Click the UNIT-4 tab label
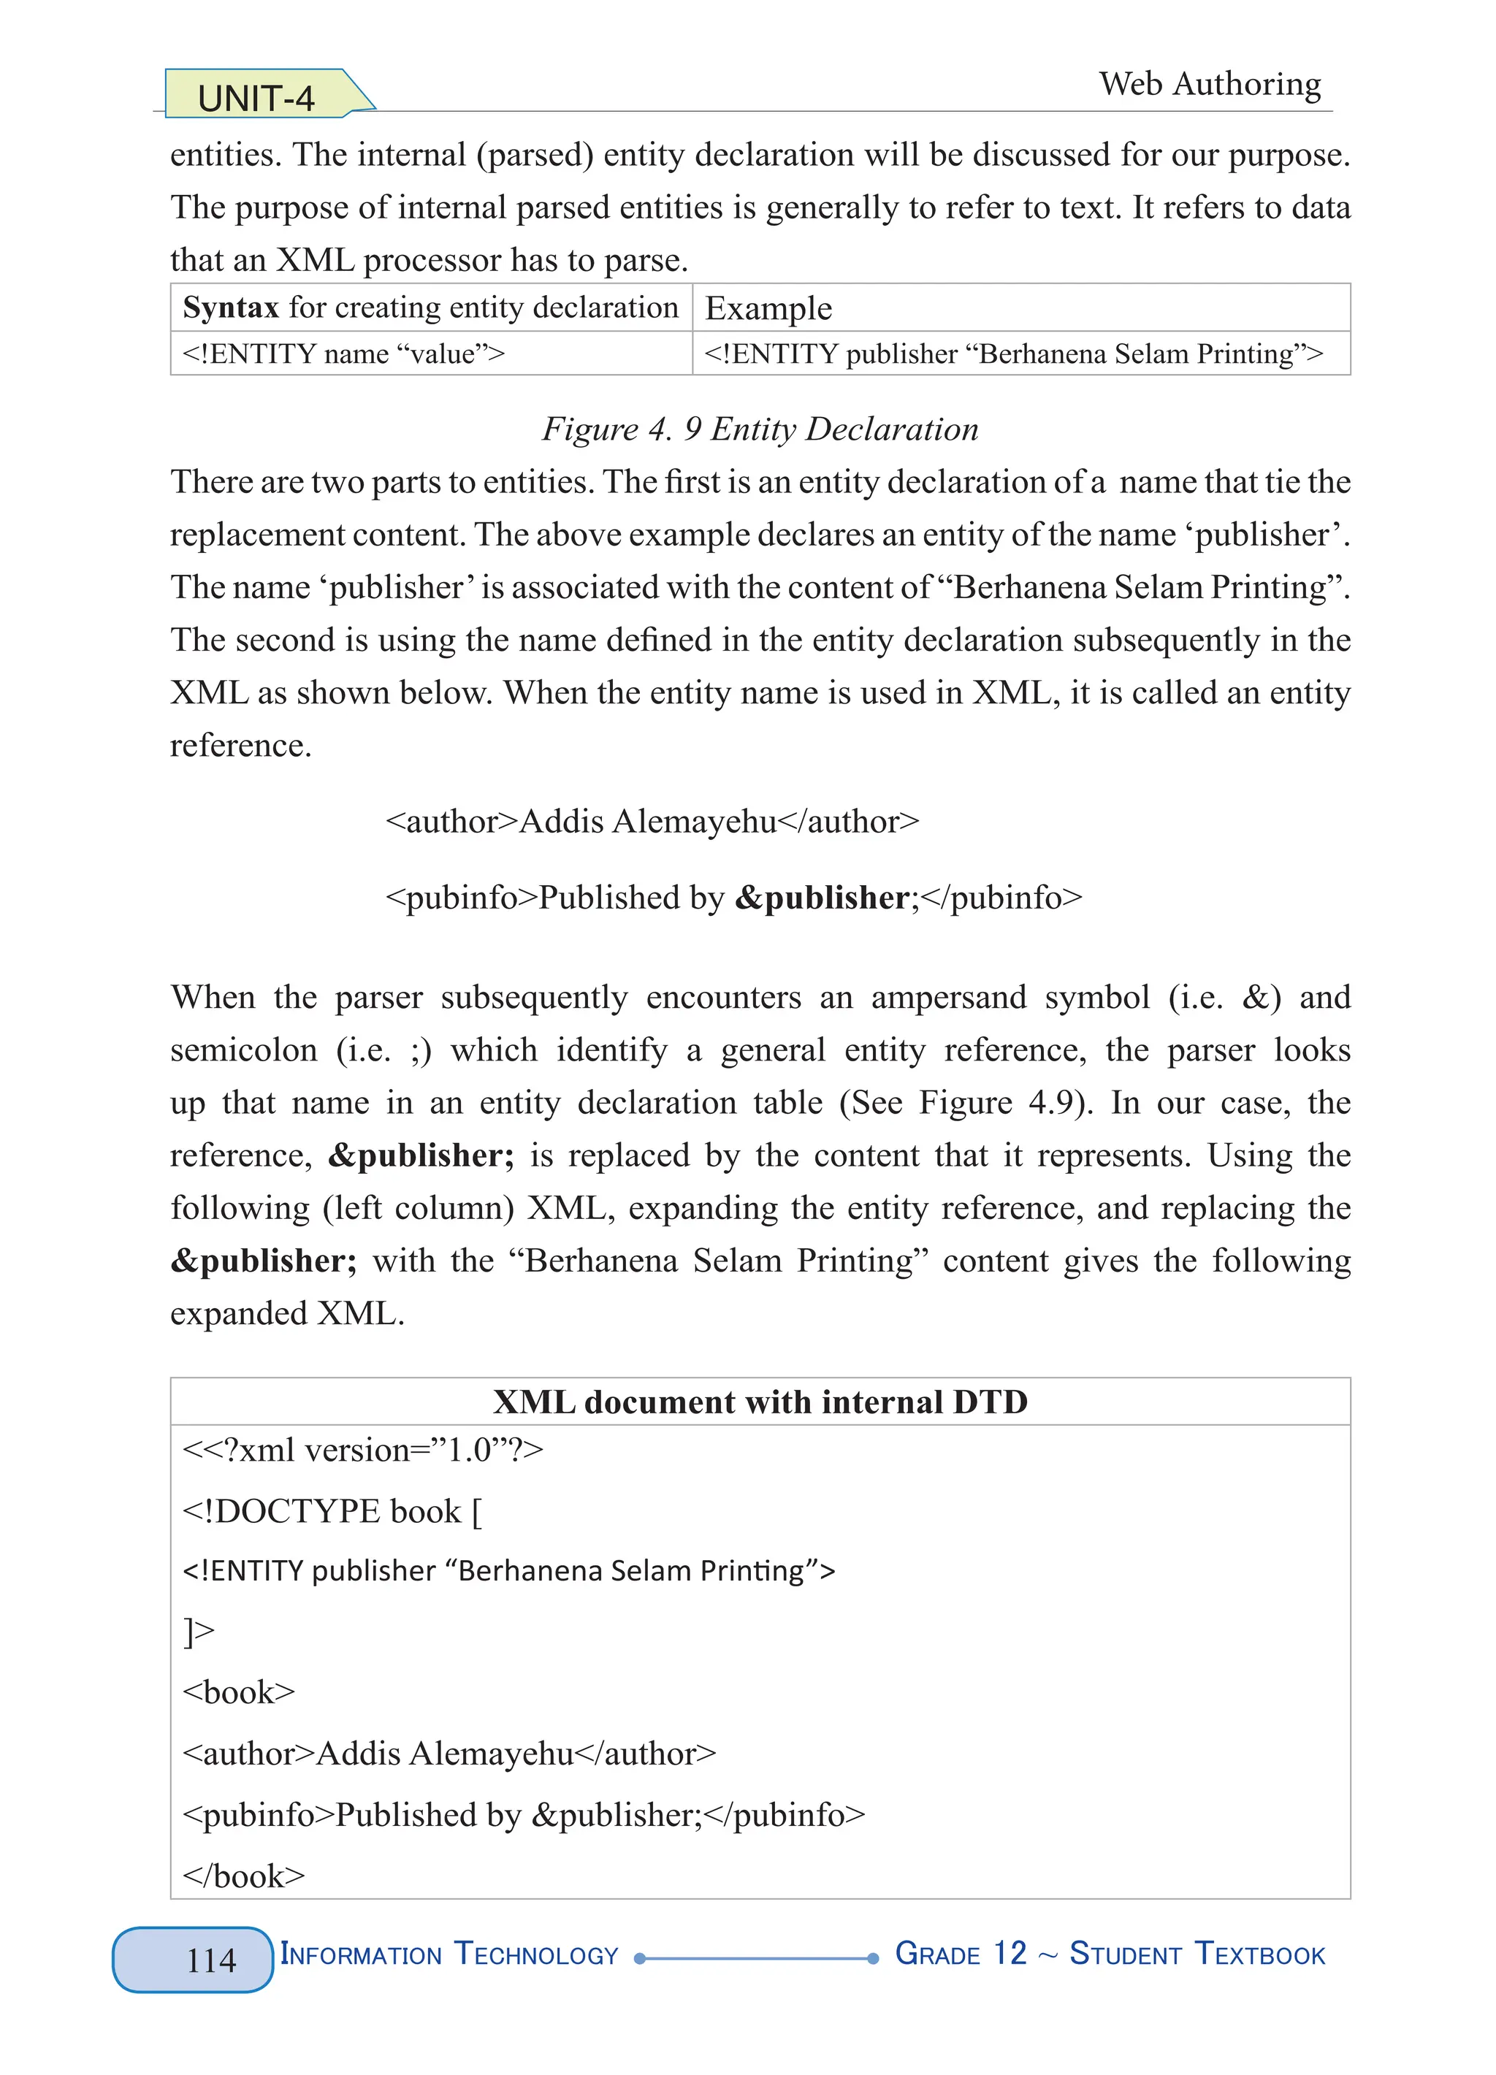(x=256, y=98)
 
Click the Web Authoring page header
(x=1210, y=84)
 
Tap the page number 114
(x=211, y=1960)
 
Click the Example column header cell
(x=768, y=308)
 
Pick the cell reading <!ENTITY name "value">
(x=343, y=354)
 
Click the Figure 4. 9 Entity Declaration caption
(x=760, y=429)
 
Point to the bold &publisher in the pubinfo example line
(x=822, y=898)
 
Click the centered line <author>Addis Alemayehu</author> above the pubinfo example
(x=652, y=822)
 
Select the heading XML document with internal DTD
(x=760, y=1402)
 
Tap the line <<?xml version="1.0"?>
(x=363, y=1450)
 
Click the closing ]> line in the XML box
(x=199, y=1631)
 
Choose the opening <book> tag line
(x=239, y=1692)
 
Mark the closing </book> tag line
(x=243, y=1876)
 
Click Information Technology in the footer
(x=449, y=1954)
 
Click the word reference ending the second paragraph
(x=240, y=746)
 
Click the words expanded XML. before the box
(x=287, y=1314)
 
